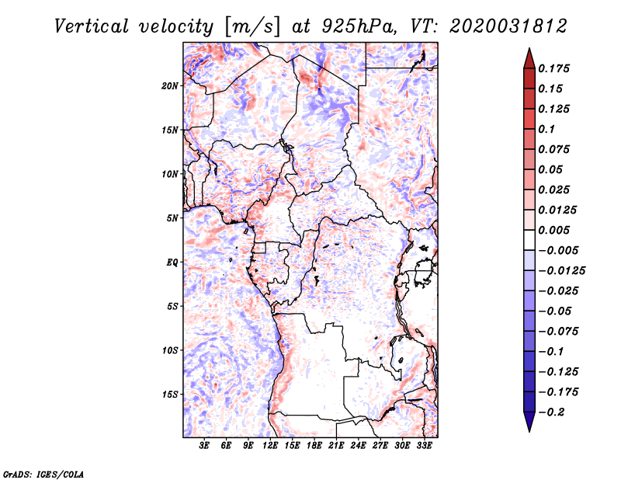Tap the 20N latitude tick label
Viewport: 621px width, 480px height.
(x=171, y=85)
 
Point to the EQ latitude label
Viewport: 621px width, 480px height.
(x=172, y=262)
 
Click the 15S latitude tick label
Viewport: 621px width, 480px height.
(x=171, y=394)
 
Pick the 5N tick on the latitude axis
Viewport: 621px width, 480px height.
(x=173, y=217)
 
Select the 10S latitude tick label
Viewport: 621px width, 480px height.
(x=171, y=350)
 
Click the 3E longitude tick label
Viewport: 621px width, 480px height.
(x=205, y=445)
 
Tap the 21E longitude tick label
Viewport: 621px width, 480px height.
(x=336, y=445)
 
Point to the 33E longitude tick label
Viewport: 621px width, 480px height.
(x=424, y=445)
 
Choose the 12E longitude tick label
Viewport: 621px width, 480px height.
(x=271, y=445)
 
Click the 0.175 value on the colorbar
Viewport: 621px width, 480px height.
(x=554, y=68)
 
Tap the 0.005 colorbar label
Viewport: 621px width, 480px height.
(x=554, y=230)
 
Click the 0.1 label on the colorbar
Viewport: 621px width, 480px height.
(x=546, y=129)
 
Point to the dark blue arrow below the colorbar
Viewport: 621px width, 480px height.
(x=528, y=423)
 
